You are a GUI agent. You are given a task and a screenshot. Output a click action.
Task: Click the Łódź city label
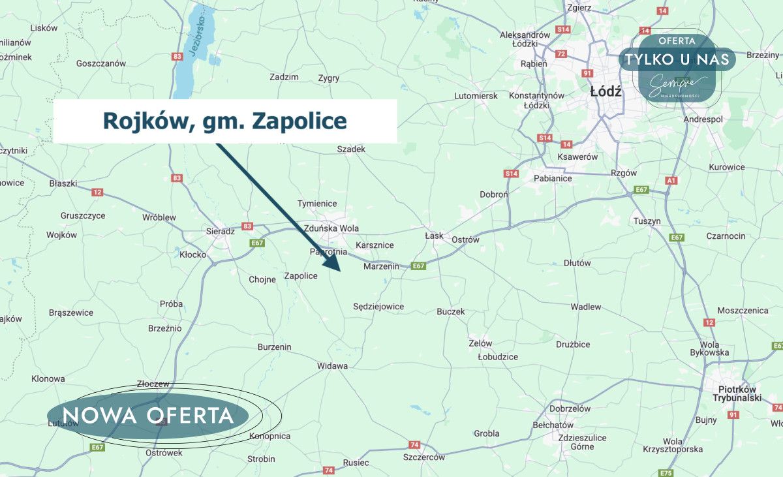click(606, 92)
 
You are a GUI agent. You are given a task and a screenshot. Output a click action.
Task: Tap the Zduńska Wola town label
click(331, 228)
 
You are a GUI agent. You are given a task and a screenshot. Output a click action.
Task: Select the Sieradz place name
click(220, 231)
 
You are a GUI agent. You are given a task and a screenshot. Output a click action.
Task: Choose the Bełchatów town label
click(553, 425)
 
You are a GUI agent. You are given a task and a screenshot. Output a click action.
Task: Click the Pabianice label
click(553, 178)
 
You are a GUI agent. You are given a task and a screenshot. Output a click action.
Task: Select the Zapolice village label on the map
click(301, 276)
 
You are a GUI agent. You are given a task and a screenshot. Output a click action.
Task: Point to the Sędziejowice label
click(378, 306)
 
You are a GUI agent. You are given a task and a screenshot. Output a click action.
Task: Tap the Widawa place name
click(332, 366)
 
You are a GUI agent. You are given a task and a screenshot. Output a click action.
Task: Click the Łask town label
click(434, 236)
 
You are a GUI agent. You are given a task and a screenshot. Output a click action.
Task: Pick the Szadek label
click(351, 149)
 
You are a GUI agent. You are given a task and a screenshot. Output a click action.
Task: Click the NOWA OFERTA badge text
click(148, 416)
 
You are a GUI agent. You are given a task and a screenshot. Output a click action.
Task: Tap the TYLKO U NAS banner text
click(677, 59)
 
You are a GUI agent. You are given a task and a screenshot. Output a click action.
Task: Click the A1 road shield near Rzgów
click(671, 180)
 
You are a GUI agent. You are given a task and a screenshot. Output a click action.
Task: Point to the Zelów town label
click(480, 343)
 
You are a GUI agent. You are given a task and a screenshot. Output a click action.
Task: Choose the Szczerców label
click(423, 457)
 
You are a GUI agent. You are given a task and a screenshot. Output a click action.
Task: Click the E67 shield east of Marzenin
click(418, 266)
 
